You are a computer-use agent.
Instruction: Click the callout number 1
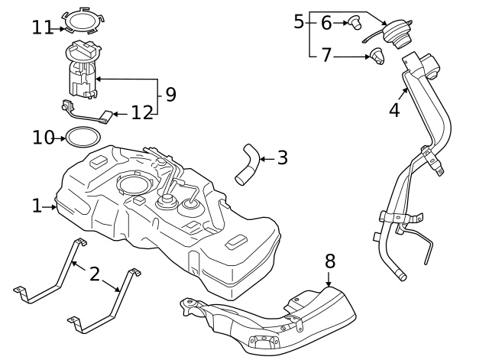[37, 206]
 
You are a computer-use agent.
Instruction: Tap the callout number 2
[95, 274]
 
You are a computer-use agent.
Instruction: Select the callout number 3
[282, 158]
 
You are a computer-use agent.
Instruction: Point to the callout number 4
[394, 110]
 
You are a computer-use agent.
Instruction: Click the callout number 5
[299, 21]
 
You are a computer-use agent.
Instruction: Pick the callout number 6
[326, 23]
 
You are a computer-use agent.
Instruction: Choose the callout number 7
[326, 55]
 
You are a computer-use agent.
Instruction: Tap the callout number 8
[330, 261]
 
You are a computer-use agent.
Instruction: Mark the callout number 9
[170, 95]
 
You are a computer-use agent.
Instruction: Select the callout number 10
[44, 138]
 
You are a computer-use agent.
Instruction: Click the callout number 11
[43, 28]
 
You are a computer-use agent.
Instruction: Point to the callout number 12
[142, 114]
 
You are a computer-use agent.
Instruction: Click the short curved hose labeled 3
[247, 164]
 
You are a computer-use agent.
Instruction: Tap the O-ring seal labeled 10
[81, 138]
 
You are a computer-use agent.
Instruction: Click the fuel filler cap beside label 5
[397, 35]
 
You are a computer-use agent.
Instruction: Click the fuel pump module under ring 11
[83, 73]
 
